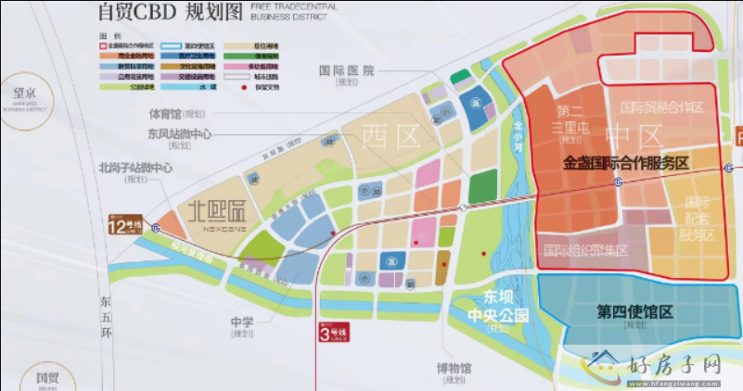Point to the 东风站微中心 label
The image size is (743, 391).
(x=179, y=134)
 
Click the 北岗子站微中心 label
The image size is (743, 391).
(x=135, y=169)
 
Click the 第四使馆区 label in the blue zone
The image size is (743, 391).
(x=635, y=312)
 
